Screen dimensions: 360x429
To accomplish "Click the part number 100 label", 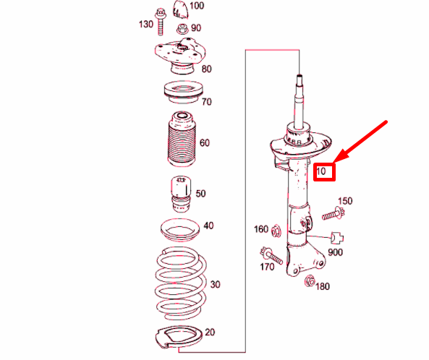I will tap(197, 6).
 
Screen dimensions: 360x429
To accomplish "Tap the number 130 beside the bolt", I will tap(145, 25).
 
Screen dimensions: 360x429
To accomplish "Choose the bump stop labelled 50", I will tap(179, 192).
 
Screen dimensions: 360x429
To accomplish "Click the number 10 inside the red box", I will tap(323, 172).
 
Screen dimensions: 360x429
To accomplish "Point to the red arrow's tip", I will tap(334, 160).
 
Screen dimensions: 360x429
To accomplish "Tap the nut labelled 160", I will tap(277, 231).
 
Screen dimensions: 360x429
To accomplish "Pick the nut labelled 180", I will tap(310, 280).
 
